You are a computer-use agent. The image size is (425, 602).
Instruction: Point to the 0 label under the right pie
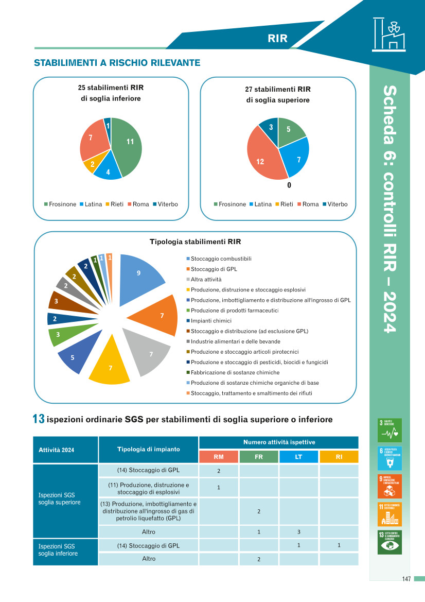click(289, 185)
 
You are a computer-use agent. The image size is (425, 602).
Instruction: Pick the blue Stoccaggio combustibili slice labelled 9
click(139, 276)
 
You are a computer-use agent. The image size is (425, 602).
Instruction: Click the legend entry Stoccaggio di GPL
click(214, 269)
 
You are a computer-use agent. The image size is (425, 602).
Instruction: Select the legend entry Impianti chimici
click(211, 320)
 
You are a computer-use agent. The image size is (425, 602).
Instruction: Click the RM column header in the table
click(219, 457)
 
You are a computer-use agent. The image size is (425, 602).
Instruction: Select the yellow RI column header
click(339, 457)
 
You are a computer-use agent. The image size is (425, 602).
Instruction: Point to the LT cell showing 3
click(298, 531)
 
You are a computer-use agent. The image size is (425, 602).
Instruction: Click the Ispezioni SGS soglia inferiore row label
click(58, 549)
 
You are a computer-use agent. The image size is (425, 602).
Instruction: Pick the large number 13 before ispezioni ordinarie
click(39, 420)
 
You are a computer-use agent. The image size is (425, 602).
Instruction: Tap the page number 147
click(406, 579)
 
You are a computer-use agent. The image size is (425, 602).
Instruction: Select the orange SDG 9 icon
click(389, 486)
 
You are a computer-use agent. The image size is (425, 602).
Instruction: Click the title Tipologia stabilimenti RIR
click(195, 242)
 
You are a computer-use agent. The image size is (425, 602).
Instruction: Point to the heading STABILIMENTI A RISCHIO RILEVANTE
click(117, 63)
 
